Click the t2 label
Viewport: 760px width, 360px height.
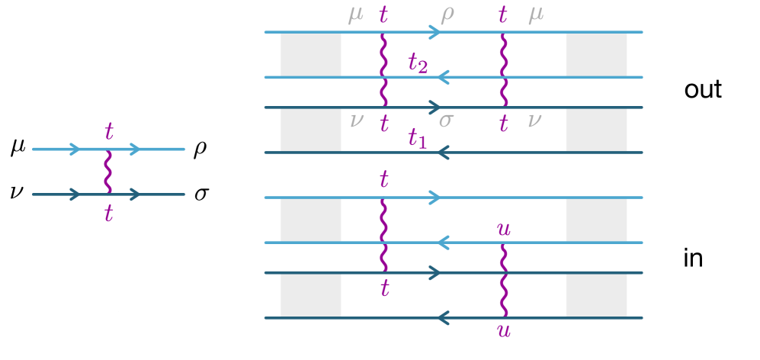pyautogui.click(x=417, y=63)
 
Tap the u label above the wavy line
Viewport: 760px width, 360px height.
pyautogui.click(x=503, y=229)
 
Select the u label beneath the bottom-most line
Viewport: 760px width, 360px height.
pyautogui.click(x=503, y=330)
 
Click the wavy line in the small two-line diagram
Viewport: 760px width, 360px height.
pyautogui.click(x=108, y=172)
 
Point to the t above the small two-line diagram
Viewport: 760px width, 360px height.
pyautogui.click(x=109, y=132)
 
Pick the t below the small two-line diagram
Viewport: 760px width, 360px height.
pyautogui.click(x=108, y=214)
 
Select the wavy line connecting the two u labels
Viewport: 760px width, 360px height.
pyautogui.click(x=503, y=280)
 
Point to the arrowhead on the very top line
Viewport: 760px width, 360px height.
pyautogui.click(x=435, y=32)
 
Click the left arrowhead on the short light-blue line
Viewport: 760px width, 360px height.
pyautogui.click(x=75, y=149)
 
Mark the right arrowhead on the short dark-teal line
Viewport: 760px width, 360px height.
pyautogui.click(x=135, y=194)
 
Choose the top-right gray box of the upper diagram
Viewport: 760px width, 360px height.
pyautogui.click(x=596, y=55)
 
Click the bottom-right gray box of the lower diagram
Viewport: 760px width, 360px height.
pyautogui.click(x=596, y=295)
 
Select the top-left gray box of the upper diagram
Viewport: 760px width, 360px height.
pyautogui.click(x=311, y=55)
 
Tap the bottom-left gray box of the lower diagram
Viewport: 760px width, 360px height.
pyautogui.click(x=311, y=295)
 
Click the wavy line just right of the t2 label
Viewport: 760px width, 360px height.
pyautogui.click(x=503, y=69)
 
